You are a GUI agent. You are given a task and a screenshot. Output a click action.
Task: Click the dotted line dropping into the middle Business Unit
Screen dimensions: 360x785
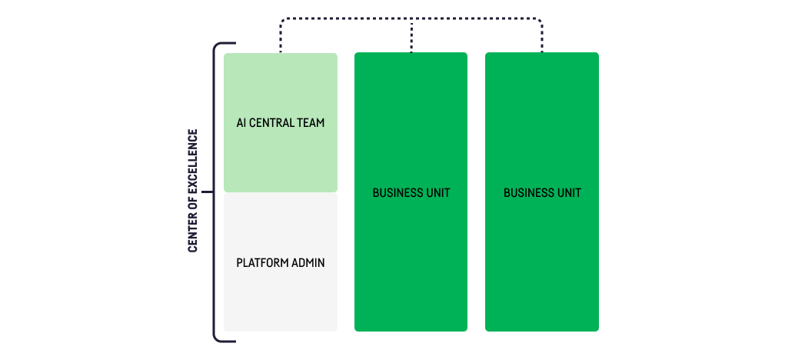(411, 37)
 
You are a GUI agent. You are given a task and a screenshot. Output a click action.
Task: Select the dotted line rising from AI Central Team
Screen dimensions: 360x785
(281, 38)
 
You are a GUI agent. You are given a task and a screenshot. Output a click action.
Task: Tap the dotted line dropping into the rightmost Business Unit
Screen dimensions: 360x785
(542, 38)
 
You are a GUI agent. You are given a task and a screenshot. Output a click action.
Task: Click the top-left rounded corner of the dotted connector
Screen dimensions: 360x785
(283, 22)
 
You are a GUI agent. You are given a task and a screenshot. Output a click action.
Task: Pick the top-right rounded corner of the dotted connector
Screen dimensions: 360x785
(540, 22)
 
